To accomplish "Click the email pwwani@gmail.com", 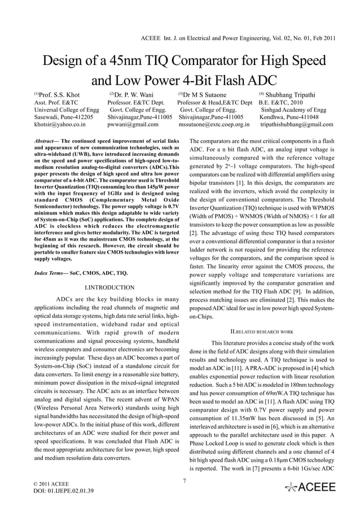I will tap(133, 124).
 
